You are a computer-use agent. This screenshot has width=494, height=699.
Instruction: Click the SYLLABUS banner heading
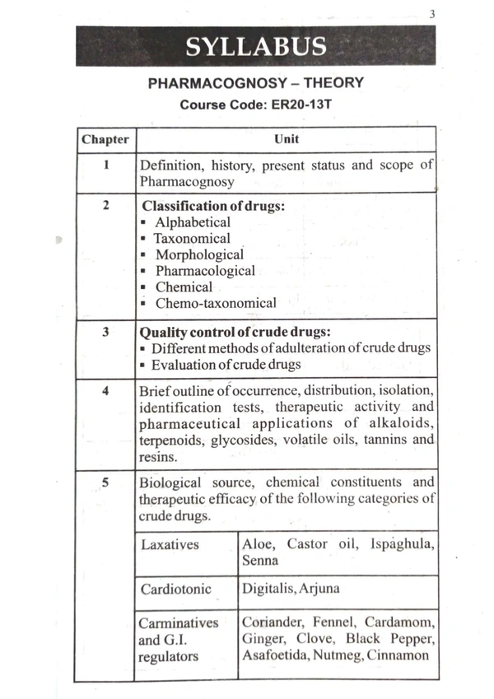[255, 46]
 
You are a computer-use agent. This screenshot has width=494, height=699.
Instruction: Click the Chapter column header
[105, 139]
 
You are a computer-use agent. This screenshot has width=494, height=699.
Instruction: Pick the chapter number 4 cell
[106, 390]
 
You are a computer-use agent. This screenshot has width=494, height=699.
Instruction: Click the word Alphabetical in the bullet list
[193, 222]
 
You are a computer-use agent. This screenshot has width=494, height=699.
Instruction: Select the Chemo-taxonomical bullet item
[216, 303]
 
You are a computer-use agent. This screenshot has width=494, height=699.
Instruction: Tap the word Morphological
[199, 255]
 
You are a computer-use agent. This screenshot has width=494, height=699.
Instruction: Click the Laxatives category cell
[170, 545]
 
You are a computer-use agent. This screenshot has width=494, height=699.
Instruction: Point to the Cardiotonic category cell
[175, 589]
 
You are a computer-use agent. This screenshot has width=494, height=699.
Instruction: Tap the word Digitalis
[269, 589]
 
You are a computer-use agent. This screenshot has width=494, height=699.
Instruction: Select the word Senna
[260, 561]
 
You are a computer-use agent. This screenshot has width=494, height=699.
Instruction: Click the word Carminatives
[179, 623]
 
